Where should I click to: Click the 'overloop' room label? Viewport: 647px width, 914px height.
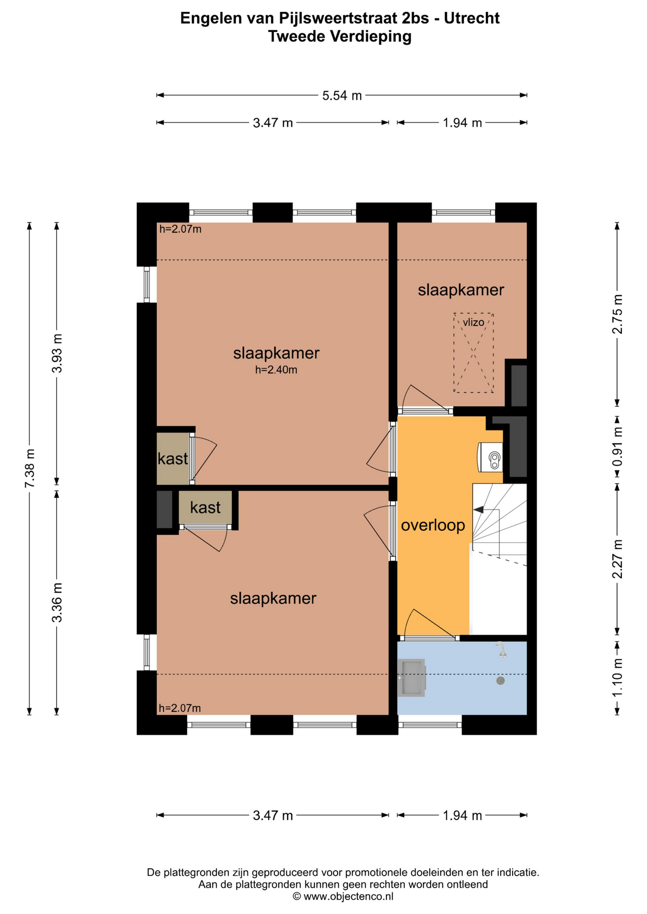pos(433,525)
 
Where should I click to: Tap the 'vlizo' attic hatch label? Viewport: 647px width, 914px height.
pos(473,322)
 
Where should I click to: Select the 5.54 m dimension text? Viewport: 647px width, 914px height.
pos(342,96)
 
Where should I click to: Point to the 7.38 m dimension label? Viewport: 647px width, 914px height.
pos(30,468)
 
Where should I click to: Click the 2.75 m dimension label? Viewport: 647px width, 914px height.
pos(617,314)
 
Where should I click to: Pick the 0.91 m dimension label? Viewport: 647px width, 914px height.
pos(617,447)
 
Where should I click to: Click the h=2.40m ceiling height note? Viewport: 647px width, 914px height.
pos(276,370)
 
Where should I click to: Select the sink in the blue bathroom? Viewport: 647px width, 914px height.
pos(411,677)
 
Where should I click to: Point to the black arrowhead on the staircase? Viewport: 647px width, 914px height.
pos(478,510)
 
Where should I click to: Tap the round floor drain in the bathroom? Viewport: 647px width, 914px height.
pos(500,681)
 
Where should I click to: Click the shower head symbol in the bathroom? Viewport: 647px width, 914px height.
pos(501,649)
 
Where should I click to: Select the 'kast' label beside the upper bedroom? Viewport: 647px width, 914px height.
pos(173,458)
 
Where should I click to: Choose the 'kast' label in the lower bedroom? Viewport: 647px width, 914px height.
pos(205,507)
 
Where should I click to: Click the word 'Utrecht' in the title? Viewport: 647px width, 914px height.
pos(472,18)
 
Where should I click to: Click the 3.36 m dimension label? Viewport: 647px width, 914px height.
pos(57,602)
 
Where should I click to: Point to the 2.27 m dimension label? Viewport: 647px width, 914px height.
pos(617,559)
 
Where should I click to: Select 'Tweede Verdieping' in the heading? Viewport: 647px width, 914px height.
pos(340,36)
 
